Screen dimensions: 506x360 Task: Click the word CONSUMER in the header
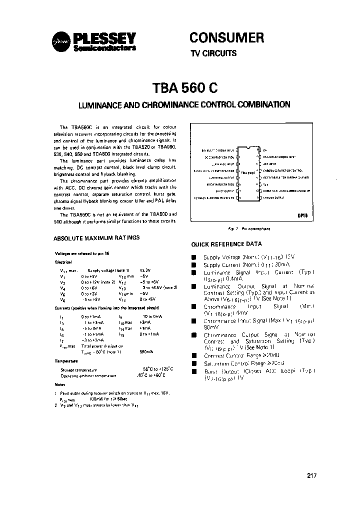pos(226,37)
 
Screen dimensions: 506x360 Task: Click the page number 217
pos(311,475)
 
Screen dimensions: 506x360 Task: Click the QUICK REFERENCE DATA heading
pos(226,244)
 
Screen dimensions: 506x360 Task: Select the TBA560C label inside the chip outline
pos(248,172)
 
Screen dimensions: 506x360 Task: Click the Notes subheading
pos(60,384)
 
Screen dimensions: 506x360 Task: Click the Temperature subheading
pos(64,360)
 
